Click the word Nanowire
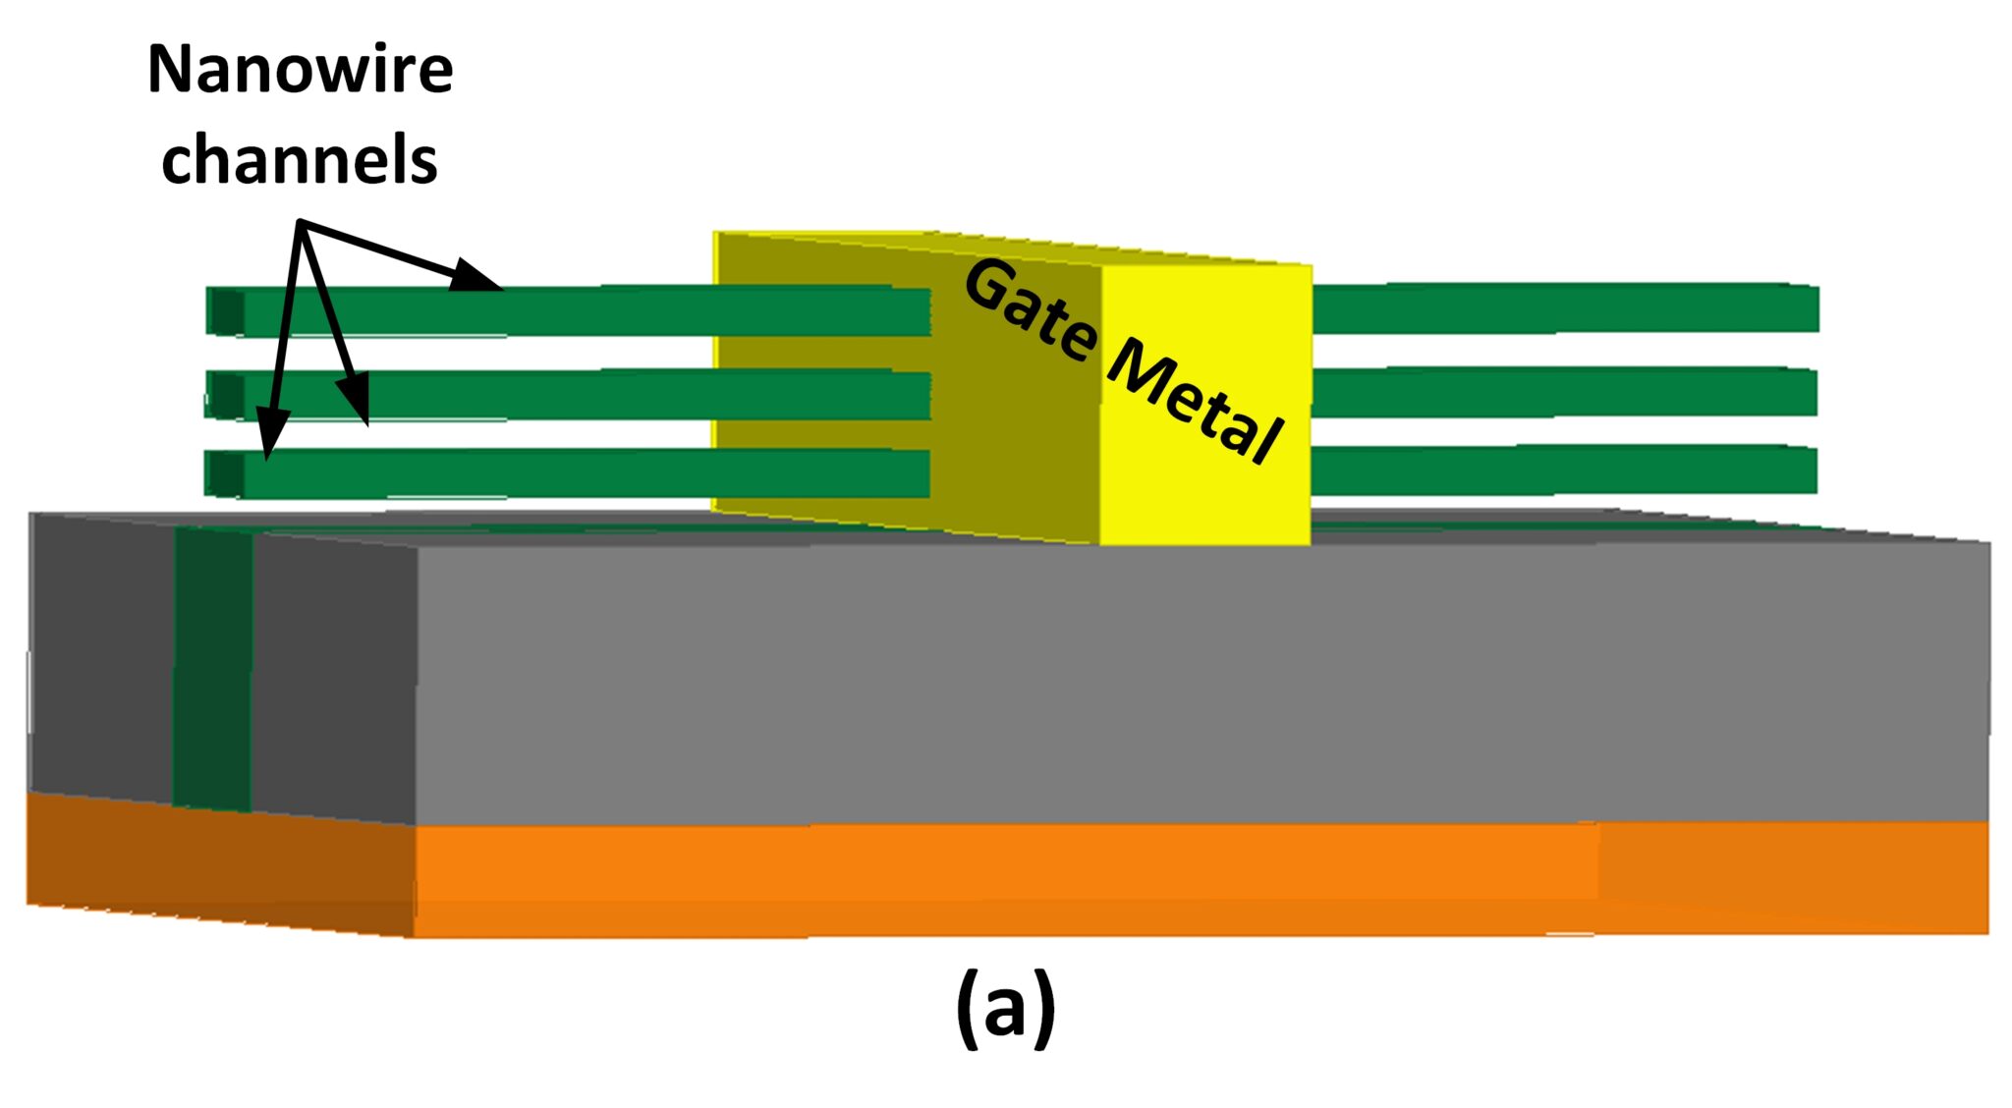[300, 71]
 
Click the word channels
[299, 160]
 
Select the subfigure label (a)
[1005, 1008]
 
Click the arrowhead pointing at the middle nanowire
[356, 398]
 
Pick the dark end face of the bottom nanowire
[226, 473]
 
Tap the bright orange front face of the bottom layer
[1002, 879]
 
